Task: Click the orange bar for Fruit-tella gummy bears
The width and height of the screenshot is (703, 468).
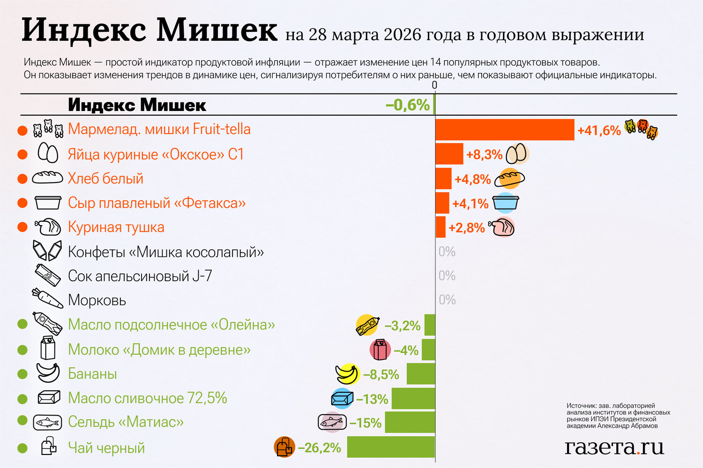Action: pyautogui.click(x=505, y=130)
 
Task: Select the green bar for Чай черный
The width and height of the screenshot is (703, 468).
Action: pyautogui.click(x=391, y=447)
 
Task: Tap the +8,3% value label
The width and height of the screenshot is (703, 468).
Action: pyautogui.click(x=484, y=154)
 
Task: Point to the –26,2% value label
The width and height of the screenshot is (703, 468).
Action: pyautogui.click(x=320, y=448)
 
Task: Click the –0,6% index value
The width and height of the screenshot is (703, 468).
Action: pyautogui.click(x=407, y=105)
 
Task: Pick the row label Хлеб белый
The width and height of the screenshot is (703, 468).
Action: pyautogui.click(x=105, y=178)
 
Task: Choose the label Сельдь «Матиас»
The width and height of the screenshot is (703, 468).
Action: pyautogui.click(x=126, y=422)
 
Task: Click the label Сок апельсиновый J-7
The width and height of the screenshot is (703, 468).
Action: pyautogui.click(x=140, y=276)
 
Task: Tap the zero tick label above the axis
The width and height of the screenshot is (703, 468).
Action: pyautogui.click(x=434, y=85)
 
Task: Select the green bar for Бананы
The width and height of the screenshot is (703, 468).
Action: pyautogui.click(x=420, y=374)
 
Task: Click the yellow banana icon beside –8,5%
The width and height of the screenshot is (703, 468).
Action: pyautogui.click(x=347, y=374)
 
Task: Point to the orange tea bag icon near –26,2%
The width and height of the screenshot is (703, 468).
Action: pyautogui.click(x=284, y=447)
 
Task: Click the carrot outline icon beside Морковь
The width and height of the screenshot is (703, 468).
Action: pyautogui.click(x=47, y=299)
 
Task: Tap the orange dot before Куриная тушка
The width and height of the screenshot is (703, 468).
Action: pyautogui.click(x=22, y=227)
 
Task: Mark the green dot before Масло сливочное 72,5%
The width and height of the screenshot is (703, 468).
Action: pyautogui.click(x=22, y=399)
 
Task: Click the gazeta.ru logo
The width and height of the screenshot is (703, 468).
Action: pyautogui.click(x=614, y=447)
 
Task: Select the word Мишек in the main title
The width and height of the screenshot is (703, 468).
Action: pyautogui.click(x=217, y=30)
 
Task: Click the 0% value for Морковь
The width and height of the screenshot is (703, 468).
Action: pyautogui.click(x=447, y=300)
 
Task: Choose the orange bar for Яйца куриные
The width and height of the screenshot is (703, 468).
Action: pyautogui.click(x=449, y=154)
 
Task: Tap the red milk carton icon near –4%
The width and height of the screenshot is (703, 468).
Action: pyautogui.click(x=380, y=350)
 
